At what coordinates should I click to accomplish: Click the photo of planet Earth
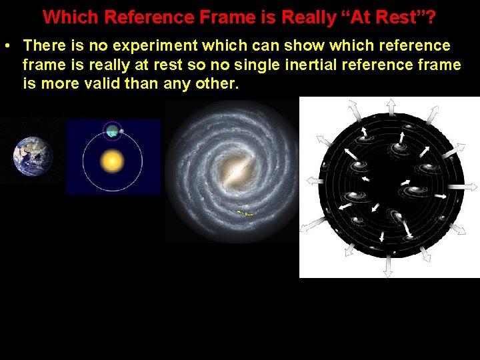pos(32,156)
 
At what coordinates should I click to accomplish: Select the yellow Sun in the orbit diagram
pos(111,160)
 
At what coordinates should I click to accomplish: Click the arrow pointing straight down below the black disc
pos(389,269)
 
